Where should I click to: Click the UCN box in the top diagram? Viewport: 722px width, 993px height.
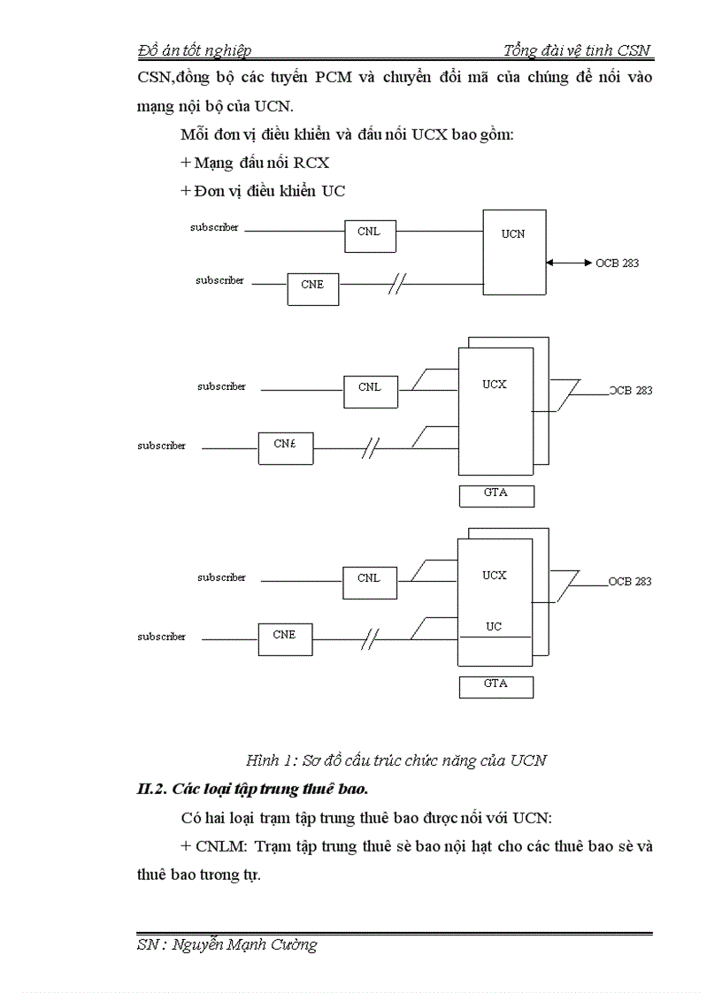pyautogui.click(x=513, y=251)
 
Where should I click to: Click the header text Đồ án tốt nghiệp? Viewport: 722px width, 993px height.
pyautogui.click(x=196, y=50)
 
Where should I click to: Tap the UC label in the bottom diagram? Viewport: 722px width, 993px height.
pyautogui.click(x=494, y=626)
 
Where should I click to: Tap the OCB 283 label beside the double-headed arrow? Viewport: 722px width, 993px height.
pyautogui.click(x=618, y=263)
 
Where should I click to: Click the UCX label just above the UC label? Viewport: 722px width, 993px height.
pyautogui.click(x=494, y=576)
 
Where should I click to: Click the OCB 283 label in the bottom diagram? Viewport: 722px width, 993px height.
pyautogui.click(x=630, y=581)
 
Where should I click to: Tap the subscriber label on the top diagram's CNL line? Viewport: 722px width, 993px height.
pyautogui.click(x=214, y=227)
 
